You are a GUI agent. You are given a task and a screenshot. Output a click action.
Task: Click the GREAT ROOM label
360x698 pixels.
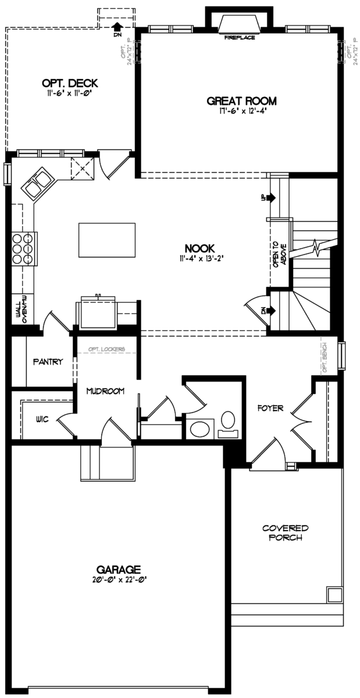pyautogui.click(x=241, y=101)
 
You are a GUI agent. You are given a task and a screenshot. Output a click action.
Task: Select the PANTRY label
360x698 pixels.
pyautogui.click(x=48, y=361)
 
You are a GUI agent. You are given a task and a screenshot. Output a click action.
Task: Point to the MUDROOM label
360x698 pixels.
pyautogui.click(x=105, y=391)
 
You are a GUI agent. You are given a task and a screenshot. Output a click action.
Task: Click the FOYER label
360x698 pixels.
pyautogui.click(x=270, y=408)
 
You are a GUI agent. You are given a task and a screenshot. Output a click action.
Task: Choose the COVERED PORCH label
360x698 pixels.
pyautogui.click(x=285, y=533)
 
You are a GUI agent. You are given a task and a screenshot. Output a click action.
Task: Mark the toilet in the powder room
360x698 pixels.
pyautogui.click(x=228, y=421)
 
